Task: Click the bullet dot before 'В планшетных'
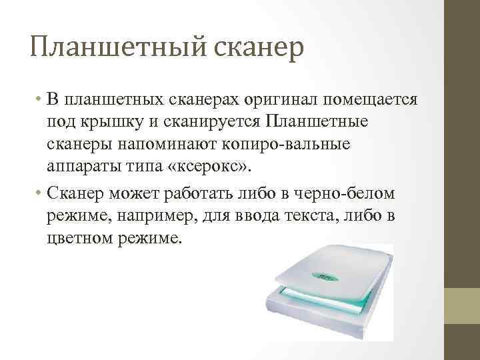tap(41, 101)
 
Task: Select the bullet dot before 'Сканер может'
tap(41, 194)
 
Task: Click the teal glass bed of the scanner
tap(320, 300)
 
